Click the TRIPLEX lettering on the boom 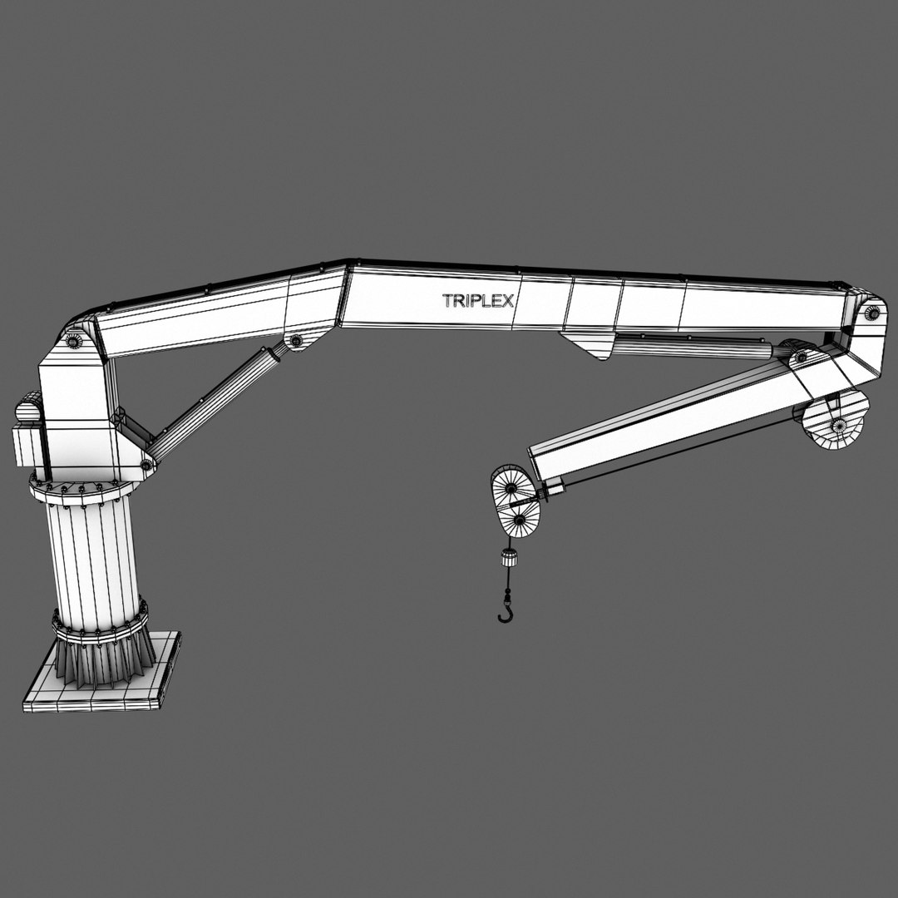pos(477,301)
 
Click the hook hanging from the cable pos(505,612)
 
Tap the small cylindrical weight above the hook pos(506,559)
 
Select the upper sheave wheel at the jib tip pos(509,489)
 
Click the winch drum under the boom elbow pos(836,421)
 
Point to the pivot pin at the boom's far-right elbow pos(872,313)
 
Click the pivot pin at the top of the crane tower pos(74,341)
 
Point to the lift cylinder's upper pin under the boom pos(295,341)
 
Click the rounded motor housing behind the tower pos(28,410)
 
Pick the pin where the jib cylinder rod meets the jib pos(800,358)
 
